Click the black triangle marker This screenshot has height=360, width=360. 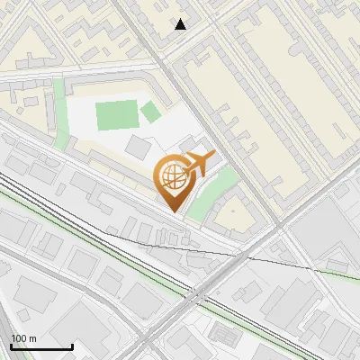pos(181,24)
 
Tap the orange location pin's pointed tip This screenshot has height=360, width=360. pos(173,211)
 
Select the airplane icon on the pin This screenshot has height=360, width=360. pos(199,164)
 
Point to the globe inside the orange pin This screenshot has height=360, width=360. pos(173,177)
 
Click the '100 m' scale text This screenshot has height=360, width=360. pos(23,338)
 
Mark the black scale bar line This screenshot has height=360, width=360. pos(41,346)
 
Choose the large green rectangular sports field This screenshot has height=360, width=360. pos(113,115)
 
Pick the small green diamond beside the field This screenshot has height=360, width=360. pos(150,112)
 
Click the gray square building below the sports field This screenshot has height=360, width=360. pos(139,146)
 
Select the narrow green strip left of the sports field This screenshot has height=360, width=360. pos(59,112)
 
